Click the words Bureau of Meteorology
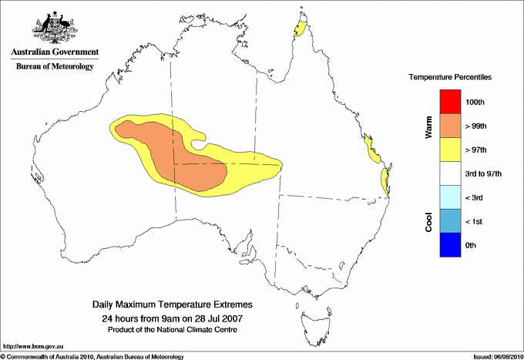tap(55, 66)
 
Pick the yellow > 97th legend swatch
tap(449, 150)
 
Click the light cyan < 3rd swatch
tap(449, 197)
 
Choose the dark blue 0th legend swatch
tap(449, 245)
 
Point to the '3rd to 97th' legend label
tap(484, 174)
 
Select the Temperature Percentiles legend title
tap(450, 78)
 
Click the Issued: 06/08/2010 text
tap(497, 356)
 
